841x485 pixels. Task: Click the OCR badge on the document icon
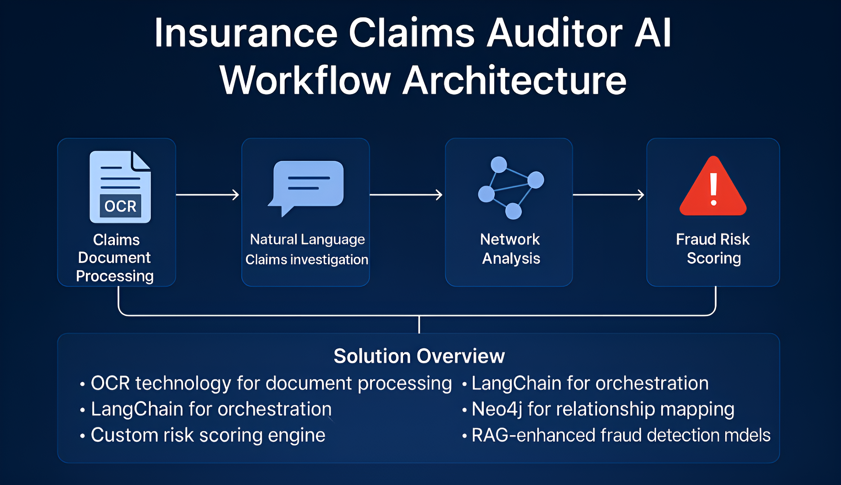pos(120,206)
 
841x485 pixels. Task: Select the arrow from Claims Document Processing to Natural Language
pos(208,195)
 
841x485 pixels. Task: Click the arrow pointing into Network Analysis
pos(406,195)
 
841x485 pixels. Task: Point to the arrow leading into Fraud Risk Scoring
pos(608,195)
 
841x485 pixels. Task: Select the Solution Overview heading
pos(419,356)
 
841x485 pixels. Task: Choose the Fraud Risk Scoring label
pos(713,249)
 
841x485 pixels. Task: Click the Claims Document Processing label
pos(115,258)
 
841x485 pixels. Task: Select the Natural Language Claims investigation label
pos(307,249)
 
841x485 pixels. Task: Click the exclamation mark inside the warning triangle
pos(713,189)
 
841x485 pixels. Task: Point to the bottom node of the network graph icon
pos(513,211)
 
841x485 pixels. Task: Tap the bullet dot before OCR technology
pos(82,384)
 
